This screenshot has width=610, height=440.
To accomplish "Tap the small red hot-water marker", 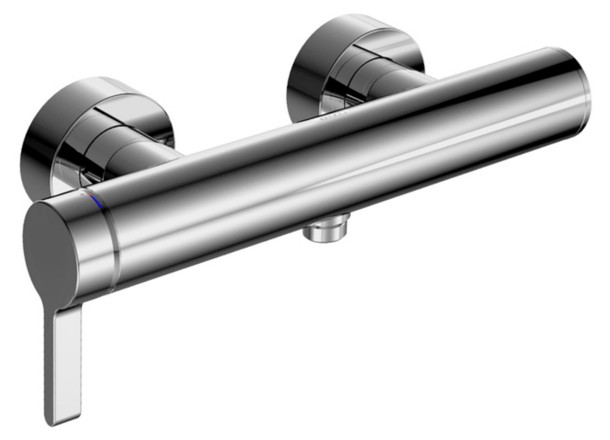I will point(89,194).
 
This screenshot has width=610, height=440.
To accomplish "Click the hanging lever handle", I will point(64,361).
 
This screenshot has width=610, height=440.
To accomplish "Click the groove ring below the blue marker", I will point(113,246).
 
